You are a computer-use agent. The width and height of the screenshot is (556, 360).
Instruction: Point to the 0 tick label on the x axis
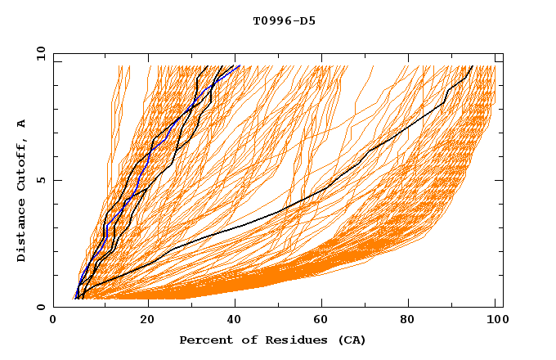click(53, 322)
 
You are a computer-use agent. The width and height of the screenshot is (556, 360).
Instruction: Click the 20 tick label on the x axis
click(141, 322)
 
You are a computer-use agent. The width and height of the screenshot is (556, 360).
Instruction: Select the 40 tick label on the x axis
click(231, 322)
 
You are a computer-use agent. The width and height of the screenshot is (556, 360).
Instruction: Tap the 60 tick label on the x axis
click(319, 322)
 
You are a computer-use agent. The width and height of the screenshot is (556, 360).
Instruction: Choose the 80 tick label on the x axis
click(407, 322)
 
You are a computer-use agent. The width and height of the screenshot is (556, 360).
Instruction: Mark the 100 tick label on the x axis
click(495, 322)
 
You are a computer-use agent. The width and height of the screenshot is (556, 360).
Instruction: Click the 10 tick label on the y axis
click(40, 53)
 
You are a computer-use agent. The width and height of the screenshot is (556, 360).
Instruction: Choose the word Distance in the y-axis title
click(22, 231)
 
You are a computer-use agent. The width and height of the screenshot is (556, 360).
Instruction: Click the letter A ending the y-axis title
click(22, 124)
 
